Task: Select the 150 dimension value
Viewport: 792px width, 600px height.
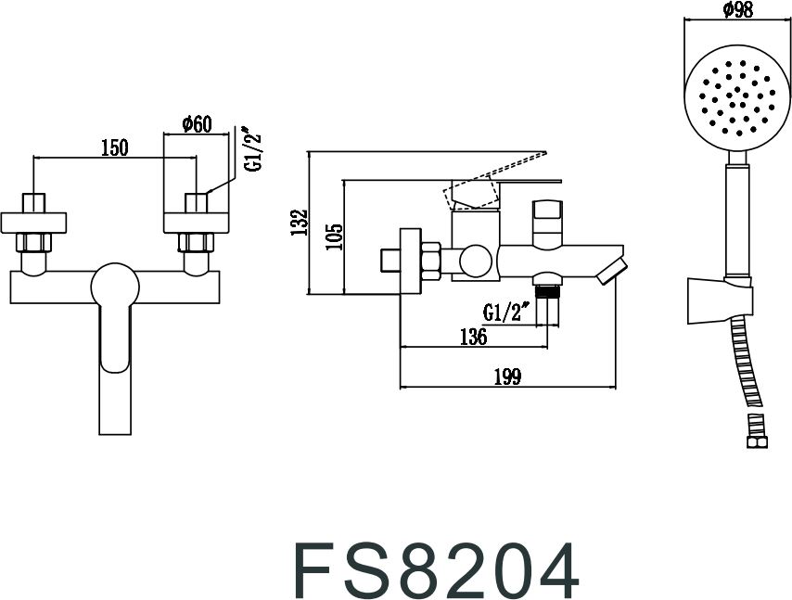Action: (115, 147)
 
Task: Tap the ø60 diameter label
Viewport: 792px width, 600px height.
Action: (196, 123)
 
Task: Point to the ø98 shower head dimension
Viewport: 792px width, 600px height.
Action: (737, 9)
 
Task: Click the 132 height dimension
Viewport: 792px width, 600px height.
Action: (299, 223)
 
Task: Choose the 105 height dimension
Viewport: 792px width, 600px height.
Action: (334, 236)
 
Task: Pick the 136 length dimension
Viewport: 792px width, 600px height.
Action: (473, 337)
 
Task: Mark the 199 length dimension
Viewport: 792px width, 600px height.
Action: (507, 377)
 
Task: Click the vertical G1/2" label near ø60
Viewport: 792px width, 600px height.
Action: (253, 148)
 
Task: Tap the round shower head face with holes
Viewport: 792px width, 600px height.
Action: (737, 100)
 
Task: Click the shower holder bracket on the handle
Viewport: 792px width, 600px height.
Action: (720, 300)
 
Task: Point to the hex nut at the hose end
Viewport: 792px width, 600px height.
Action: (757, 442)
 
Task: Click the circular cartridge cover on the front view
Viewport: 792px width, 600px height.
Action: (115, 287)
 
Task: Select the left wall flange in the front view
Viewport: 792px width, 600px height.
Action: (33, 223)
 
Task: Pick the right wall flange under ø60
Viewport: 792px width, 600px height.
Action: (197, 223)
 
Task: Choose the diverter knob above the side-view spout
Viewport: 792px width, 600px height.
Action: (547, 223)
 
